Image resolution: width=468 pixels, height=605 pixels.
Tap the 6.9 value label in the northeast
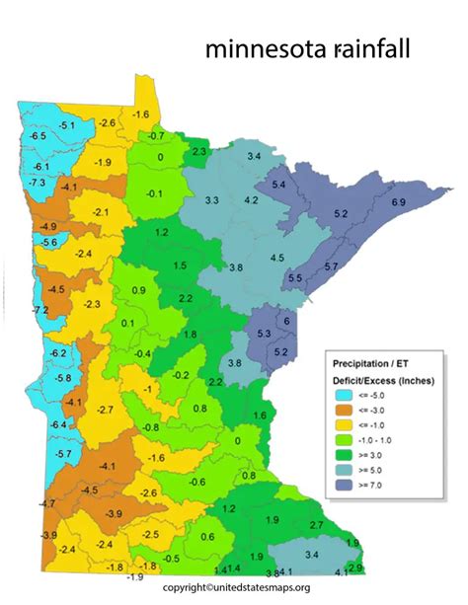pyautogui.click(x=399, y=202)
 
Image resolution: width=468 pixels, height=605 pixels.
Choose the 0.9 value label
pyautogui.click(x=138, y=290)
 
